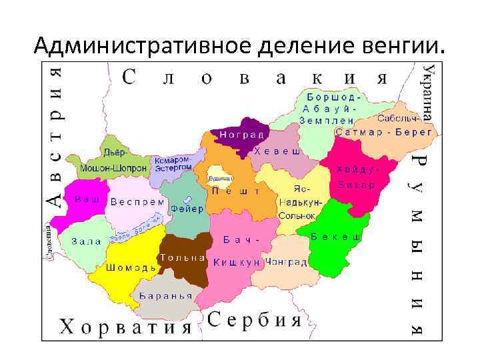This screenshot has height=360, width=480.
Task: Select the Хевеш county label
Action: click(x=276, y=152)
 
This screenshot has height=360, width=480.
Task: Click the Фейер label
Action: click(x=182, y=208)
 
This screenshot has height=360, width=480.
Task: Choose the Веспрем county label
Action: click(x=137, y=201)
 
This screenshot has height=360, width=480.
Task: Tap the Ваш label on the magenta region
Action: click(x=87, y=199)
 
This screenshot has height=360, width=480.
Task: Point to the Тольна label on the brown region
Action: click(x=181, y=257)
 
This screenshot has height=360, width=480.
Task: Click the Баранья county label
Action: click(x=166, y=296)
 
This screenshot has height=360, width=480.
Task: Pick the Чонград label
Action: click(x=286, y=263)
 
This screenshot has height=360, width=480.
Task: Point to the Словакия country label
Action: click(x=256, y=77)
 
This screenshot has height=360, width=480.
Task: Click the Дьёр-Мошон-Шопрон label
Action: click(x=113, y=161)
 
